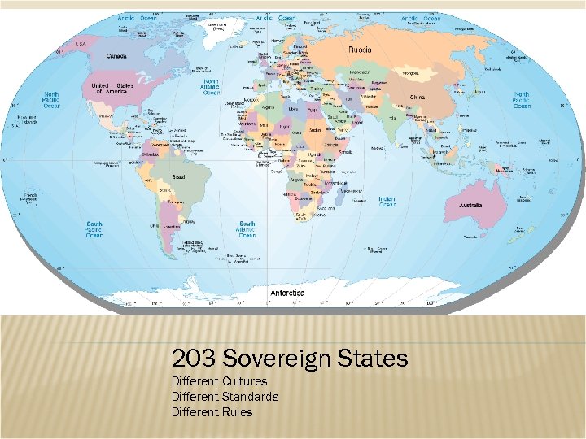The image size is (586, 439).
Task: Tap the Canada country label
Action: click(x=117, y=56)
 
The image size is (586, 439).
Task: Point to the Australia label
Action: click(x=470, y=206)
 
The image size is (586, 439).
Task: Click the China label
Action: click(x=417, y=98)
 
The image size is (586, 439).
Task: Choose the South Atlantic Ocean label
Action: click(x=247, y=228)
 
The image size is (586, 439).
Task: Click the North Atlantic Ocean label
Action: click(x=211, y=87)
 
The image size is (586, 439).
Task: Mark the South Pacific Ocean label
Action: click(x=95, y=228)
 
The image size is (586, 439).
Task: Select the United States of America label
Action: click(x=112, y=89)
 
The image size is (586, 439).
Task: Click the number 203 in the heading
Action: click(x=193, y=359)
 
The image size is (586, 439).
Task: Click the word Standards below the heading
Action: click(x=249, y=397)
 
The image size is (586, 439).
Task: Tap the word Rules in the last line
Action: click(x=236, y=412)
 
